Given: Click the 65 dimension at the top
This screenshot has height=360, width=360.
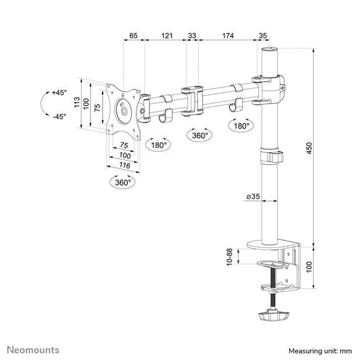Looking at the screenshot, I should click(x=133, y=36).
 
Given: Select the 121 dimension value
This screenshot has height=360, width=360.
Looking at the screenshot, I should click(x=167, y=36).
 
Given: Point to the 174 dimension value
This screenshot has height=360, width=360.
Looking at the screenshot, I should click(x=228, y=36).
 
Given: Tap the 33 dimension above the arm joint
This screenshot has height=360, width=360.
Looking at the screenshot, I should click(x=192, y=36).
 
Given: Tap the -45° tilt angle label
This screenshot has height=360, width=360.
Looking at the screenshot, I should click(x=58, y=116).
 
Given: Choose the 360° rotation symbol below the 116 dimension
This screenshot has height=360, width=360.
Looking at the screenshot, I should click(x=123, y=182).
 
